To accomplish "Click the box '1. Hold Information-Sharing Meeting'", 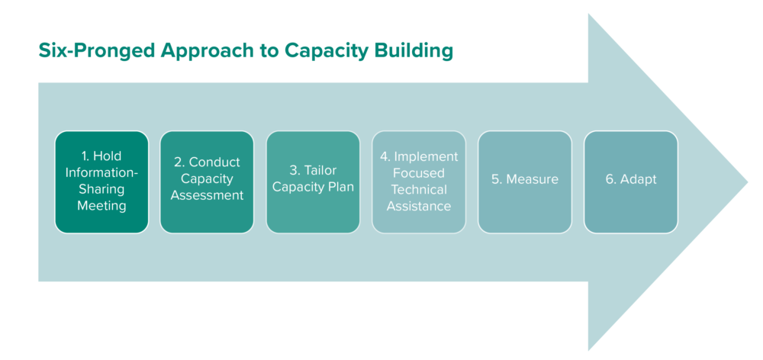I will pyautogui.click(x=101, y=182).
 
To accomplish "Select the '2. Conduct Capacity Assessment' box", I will pyautogui.click(x=207, y=182).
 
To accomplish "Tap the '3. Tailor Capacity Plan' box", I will pyautogui.click(x=313, y=182).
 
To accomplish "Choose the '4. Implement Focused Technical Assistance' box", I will pyautogui.click(x=418, y=182).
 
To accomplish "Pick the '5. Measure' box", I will pyautogui.click(x=524, y=182).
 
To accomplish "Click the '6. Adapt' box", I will pyautogui.click(x=630, y=182).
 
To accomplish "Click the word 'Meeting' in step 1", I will pyautogui.click(x=101, y=206).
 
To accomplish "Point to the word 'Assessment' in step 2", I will pyautogui.click(x=207, y=195).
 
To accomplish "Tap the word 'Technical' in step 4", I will pyautogui.click(x=419, y=190).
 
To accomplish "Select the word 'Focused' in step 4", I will pyautogui.click(x=419, y=173).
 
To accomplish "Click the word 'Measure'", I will pyautogui.click(x=532, y=180).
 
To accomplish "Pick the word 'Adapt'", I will pyautogui.click(x=637, y=180).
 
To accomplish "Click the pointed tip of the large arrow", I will pyautogui.click(x=746, y=182).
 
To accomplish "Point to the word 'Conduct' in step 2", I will pyautogui.click(x=214, y=162).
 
